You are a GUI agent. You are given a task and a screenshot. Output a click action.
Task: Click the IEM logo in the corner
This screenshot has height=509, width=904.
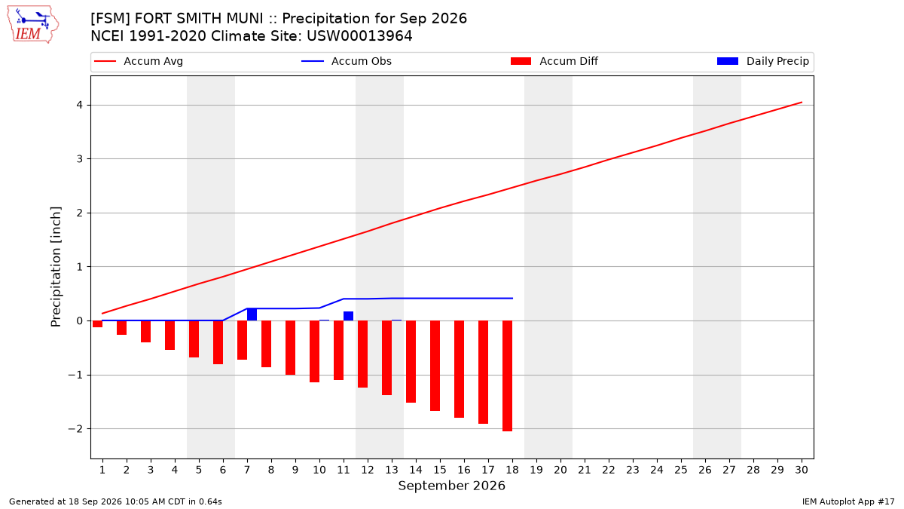[x=33, y=25]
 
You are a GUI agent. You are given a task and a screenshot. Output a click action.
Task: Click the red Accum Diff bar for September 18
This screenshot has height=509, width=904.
[x=507, y=376]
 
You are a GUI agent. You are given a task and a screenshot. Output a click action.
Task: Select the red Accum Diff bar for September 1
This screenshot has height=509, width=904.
[x=97, y=324]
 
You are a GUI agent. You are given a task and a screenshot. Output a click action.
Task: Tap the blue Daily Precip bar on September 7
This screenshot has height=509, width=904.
[x=252, y=314]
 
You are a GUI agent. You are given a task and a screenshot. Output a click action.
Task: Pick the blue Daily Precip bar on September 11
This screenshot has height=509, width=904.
[x=348, y=316]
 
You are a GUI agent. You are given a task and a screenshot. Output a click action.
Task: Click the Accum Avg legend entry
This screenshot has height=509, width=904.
[x=139, y=61]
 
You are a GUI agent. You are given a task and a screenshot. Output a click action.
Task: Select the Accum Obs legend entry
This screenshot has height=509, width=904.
[x=347, y=61]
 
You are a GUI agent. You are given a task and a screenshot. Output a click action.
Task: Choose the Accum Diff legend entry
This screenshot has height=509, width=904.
[x=554, y=61]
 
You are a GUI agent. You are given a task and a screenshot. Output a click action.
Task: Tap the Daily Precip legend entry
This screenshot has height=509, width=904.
[x=762, y=61]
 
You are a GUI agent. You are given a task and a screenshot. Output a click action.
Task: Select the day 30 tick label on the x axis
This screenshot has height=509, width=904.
[x=802, y=470]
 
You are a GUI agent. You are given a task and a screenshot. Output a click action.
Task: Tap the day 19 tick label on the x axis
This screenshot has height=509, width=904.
[x=536, y=470]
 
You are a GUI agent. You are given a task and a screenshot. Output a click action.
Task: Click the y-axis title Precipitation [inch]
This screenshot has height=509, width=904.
[x=56, y=267]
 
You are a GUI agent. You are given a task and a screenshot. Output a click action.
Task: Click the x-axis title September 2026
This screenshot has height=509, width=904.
[x=451, y=486]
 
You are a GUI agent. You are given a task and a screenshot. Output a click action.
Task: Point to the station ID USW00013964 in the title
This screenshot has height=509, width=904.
[x=359, y=36]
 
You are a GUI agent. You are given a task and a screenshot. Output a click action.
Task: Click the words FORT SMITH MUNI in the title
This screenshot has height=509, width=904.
[x=199, y=19]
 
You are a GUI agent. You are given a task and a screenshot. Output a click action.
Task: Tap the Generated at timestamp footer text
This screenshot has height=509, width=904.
[x=115, y=501]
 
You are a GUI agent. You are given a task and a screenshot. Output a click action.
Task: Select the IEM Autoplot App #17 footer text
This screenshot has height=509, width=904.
[x=848, y=501]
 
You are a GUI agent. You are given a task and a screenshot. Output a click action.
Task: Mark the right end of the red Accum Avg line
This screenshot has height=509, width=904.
[x=802, y=103]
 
